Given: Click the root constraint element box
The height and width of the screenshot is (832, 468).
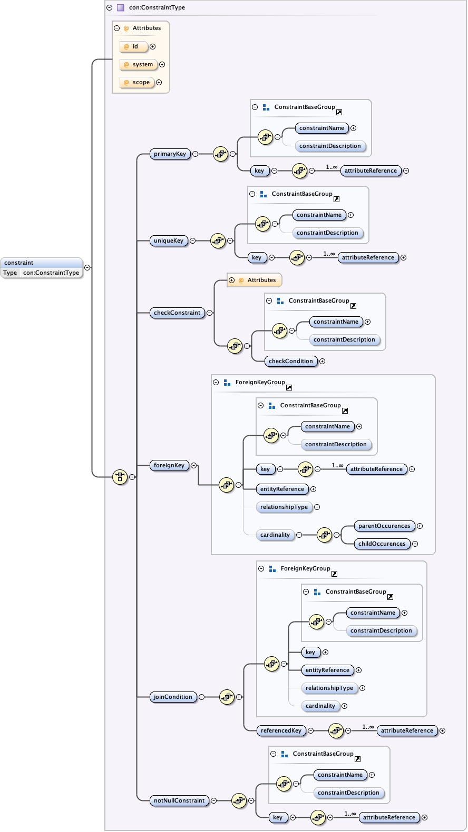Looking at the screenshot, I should pos(42,267).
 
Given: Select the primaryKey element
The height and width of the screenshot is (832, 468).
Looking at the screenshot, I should pos(170,154).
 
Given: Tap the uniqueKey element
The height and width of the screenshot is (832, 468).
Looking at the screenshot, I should pos(168,240).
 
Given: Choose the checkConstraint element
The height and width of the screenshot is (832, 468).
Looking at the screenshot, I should pos(177,313).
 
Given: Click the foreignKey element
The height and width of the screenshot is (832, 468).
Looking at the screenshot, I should pos(169,465).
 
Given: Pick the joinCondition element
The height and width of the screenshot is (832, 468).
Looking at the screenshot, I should pos(173,697).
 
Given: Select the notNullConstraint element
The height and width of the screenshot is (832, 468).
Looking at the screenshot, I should pos(179,800).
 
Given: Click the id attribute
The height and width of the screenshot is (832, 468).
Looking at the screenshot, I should pos(134,47).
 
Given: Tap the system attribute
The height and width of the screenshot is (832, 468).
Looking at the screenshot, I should pos(139,65).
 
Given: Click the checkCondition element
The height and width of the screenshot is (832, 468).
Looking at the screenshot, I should pos(290,361).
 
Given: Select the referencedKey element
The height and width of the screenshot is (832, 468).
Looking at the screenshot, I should pos(281,730).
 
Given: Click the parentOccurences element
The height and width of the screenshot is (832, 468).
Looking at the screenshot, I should pos(384,526).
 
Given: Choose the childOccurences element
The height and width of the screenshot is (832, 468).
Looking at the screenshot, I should pos(382,544).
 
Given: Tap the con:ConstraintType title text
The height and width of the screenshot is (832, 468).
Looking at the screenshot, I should pos(157,7).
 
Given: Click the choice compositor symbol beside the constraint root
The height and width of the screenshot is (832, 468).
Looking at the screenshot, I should pos(120,477).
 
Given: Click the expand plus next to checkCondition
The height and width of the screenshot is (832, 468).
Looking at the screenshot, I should pos(322,361).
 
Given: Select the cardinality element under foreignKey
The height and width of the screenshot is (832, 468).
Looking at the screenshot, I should pos(275,535).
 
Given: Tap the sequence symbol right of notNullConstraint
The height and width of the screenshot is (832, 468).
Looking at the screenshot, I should pos(239,800).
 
